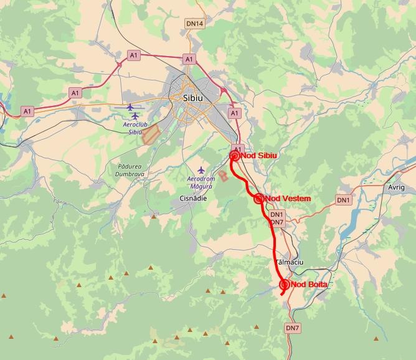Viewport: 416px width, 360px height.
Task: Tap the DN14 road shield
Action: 194,24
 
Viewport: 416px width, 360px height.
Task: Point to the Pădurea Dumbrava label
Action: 130,170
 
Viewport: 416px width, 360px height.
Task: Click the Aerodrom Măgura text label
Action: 201,182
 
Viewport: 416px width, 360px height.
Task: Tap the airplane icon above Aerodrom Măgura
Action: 201,169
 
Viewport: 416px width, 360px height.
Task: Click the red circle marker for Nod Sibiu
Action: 235,156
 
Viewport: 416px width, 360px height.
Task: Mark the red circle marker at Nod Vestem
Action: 258,199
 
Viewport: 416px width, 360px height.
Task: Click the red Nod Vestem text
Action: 287,199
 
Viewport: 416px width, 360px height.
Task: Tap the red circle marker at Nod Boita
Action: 285,285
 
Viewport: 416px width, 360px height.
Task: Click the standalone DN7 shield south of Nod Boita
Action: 292,328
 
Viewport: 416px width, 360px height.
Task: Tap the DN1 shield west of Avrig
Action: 344,200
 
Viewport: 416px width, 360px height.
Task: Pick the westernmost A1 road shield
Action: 27,111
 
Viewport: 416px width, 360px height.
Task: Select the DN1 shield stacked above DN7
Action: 277,215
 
